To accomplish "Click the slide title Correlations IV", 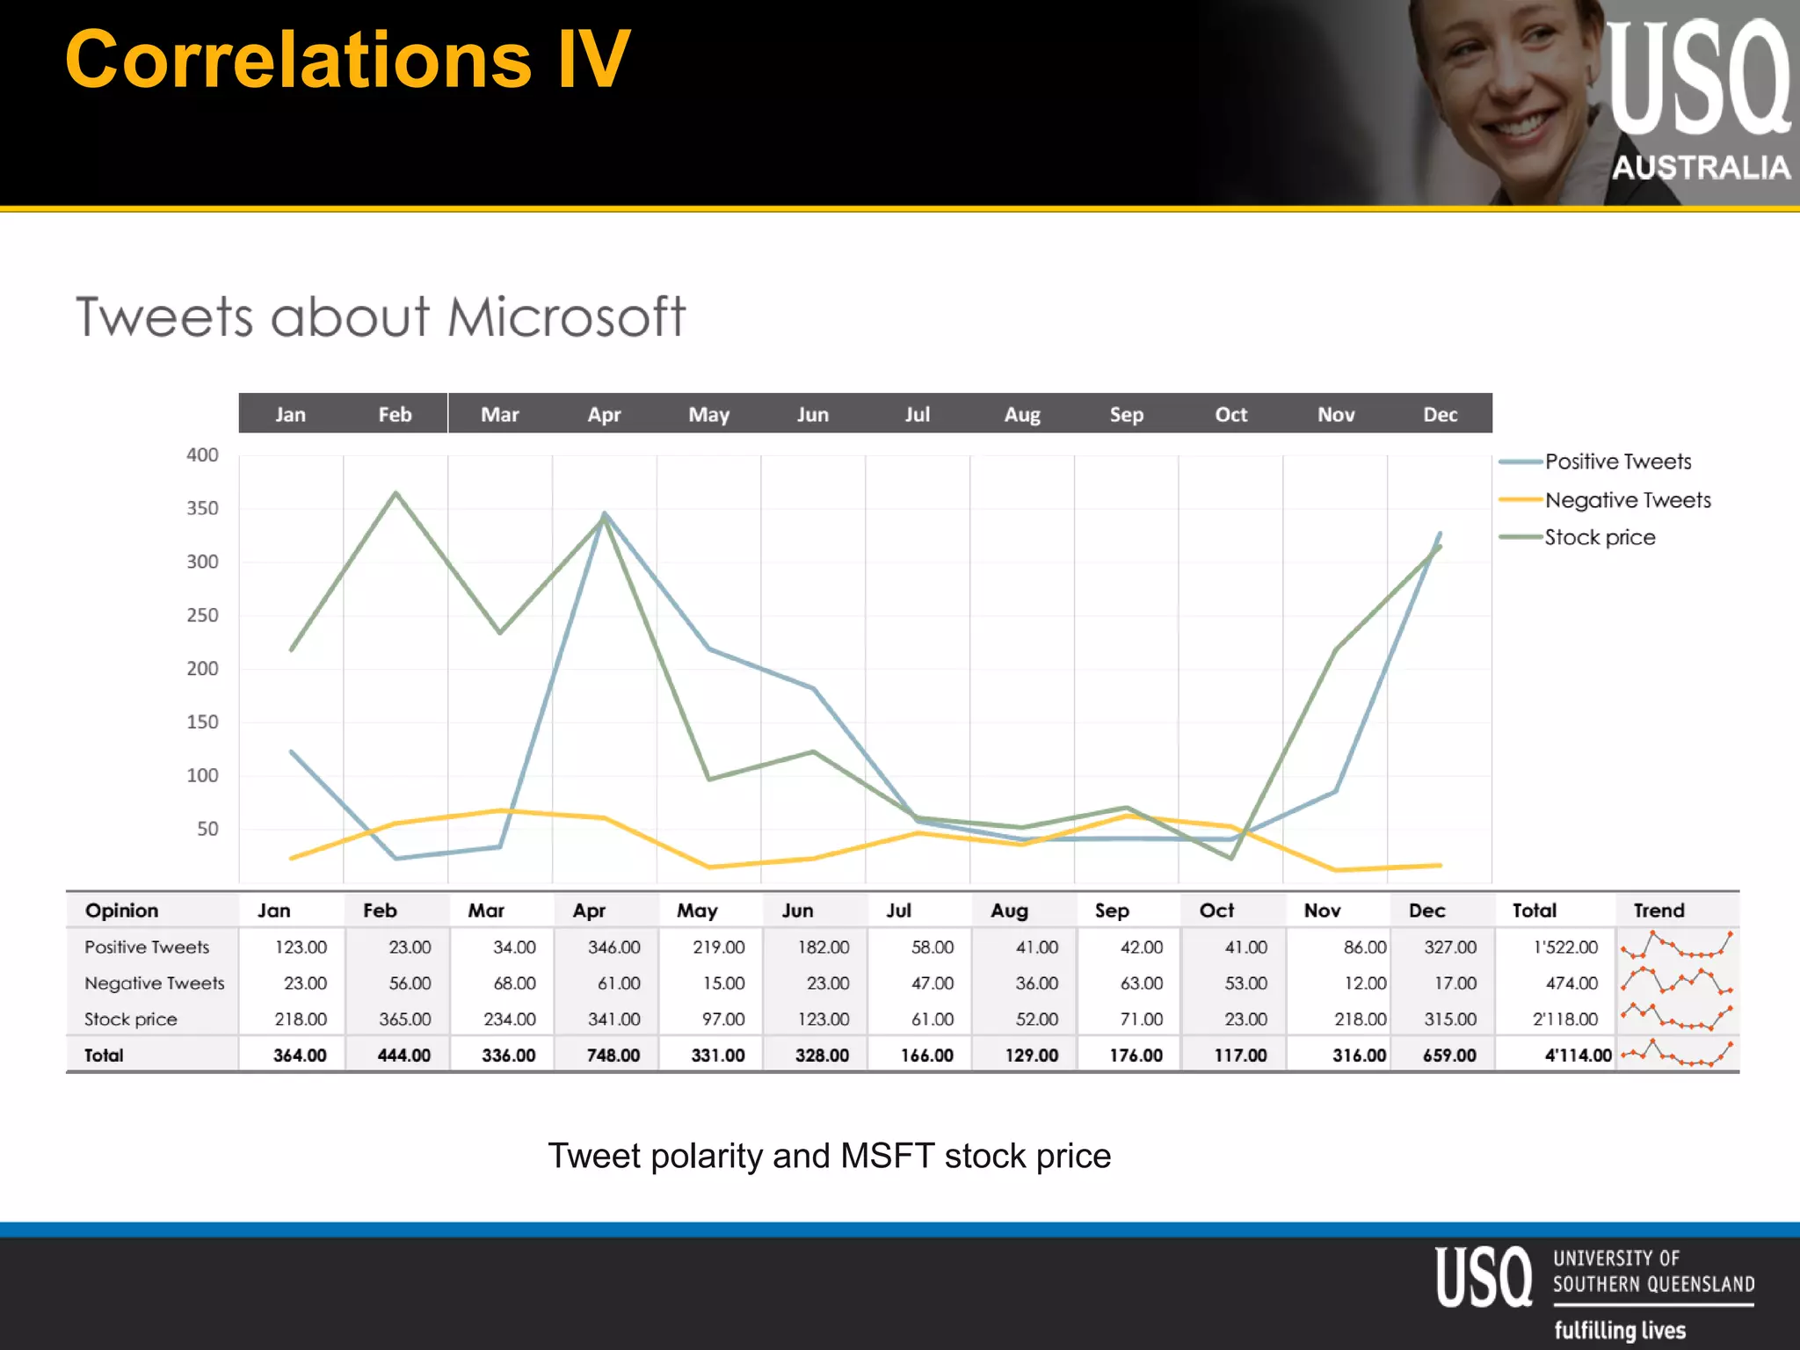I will [347, 60].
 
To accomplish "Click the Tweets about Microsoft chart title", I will [380, 316].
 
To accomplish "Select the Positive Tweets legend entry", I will [1617, 461].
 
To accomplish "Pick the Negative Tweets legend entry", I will [1628, 500].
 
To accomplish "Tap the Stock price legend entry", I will [1600, 537].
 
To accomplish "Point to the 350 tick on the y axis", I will [202, 508].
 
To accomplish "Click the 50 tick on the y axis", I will [207, 829].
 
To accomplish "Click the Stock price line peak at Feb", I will [396, 493].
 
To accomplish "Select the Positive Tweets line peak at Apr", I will [605, 513].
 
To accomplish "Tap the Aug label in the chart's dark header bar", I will [1022, 414].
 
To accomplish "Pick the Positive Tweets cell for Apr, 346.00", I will [613, 947].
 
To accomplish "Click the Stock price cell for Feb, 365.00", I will [404, 1019].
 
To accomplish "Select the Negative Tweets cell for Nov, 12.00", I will [1364, 983].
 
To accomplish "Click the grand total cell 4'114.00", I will [1578, 1055].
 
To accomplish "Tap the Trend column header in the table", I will [1658, 911].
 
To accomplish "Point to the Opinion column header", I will [121, 911].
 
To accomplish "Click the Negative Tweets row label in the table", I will [154, 983].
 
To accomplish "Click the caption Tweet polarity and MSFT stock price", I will [829, 1155].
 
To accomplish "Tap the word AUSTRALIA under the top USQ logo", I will [1701, 167].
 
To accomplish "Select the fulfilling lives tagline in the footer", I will [1619, 1330].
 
